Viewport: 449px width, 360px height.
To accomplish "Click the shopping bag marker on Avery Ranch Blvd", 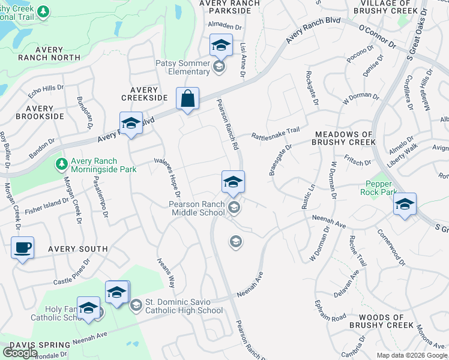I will [x=187, y=98].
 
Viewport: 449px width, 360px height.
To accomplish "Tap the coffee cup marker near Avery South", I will [x=23, y=247].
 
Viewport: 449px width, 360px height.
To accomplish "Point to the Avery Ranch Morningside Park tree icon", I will [x=61, y=163].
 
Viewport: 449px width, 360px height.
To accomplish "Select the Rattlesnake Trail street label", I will [x=275, y=133].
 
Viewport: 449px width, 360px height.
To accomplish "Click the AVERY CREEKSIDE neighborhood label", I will [x=144, y=94].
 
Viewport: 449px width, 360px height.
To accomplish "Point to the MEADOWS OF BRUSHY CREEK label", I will [x=344, y=138].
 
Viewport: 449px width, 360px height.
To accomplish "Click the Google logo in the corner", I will [x=20, y=352].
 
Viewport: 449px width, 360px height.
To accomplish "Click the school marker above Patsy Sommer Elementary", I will [x=220, y=45].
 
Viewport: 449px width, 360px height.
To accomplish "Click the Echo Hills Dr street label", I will [x=46, y=91].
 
